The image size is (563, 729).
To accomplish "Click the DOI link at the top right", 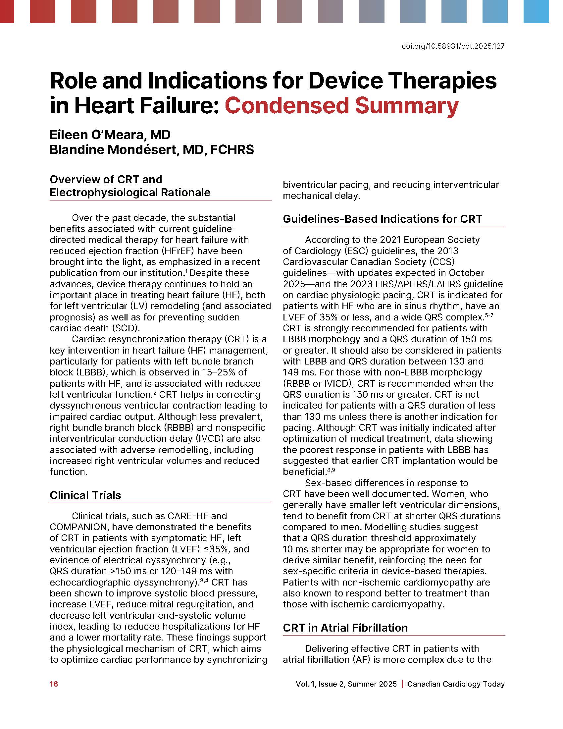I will pos(453,46).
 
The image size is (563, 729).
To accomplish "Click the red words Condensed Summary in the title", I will pos(341,105).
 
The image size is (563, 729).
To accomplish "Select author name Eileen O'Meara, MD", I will pos(110,135).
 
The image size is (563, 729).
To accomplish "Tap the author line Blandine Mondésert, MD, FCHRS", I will pos(152,149).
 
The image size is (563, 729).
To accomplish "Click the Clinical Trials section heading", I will pos(85,495).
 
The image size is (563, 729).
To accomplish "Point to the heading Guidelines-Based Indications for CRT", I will pos(382,219).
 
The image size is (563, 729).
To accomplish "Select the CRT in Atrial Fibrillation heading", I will pos(345,628).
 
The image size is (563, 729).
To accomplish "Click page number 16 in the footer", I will pos(54,684).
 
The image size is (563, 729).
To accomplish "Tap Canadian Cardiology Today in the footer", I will pos(456,684).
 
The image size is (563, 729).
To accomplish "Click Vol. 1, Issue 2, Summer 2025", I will pos(346,684).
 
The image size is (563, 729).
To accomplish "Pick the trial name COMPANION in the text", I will pos(79,527).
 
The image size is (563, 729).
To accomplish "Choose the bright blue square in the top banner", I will pos(536,11).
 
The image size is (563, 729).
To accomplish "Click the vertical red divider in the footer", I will pos(402,684).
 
